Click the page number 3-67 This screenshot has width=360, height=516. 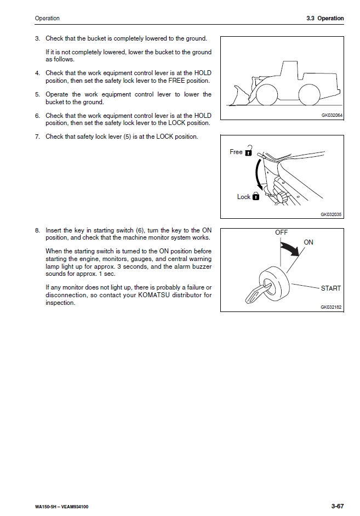tap(337, 506)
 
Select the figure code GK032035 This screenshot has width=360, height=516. tap(332, 214)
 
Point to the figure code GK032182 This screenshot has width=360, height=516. tap(332, 308)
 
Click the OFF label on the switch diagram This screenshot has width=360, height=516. tap(281, 233)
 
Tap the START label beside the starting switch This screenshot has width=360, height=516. tap(330, 288)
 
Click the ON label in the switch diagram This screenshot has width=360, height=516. tap(308, 242)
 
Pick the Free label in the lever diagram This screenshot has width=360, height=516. tap(236, 152)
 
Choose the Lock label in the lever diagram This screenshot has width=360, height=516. tap(244, 197)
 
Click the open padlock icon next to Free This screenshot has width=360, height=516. tap(249, 150)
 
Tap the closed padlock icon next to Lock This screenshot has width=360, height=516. tap(256, 196)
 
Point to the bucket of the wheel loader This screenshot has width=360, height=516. tap(241, 97)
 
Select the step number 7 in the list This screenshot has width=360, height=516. tap(37, 137)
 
